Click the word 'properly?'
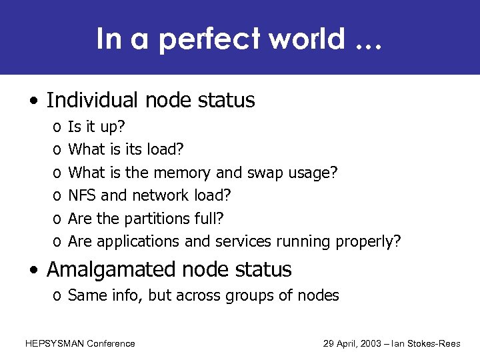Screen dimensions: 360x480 372,241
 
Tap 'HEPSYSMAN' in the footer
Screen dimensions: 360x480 55,344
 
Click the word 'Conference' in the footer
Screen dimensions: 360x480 111,344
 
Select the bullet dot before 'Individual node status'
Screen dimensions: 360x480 33,101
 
